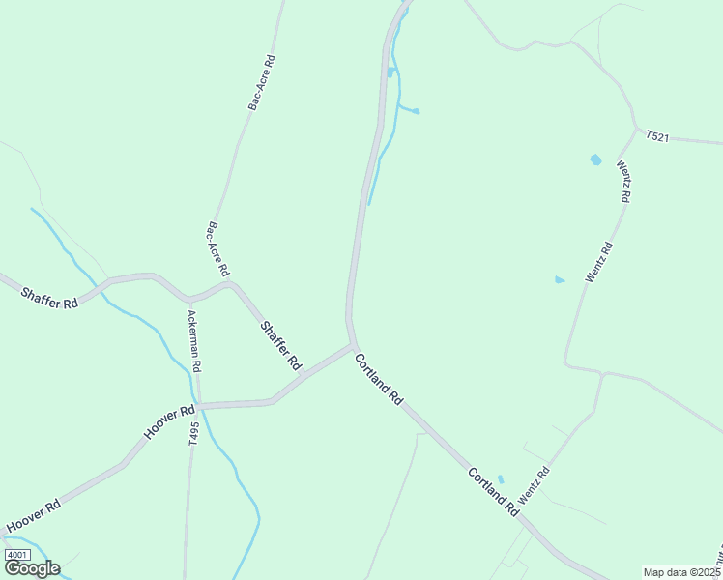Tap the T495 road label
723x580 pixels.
pyautogui.click(x=193, y=432)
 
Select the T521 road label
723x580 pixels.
pyautogui.click(x=657, y=136)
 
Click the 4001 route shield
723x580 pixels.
pyautogui.click(x=17, y=555)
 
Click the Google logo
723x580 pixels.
pyautogui.click(x=33, y=568)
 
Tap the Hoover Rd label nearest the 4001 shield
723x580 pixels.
pyautogui.click(x=35, y=516)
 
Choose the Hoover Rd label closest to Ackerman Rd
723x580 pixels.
pyautogui.click(x=162, y=422)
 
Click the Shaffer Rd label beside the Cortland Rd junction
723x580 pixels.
pyautogui.click(x=280, y=345)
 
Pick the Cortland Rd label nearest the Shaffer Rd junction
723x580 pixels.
pyautogui.click(x=379, y=378)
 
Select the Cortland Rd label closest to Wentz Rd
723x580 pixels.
pyautogui.click(x=494, y=490)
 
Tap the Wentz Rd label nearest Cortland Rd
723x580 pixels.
pyautogui.click(x=534, y=484)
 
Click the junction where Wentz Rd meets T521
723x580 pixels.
pyautogui.click(x=635, y=127)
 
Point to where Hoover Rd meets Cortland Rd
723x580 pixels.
pyautogui.click(x=354, y=345)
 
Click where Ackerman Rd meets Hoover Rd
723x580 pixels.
pyautogui.click(x=199, y=406)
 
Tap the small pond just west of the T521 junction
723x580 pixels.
pyautogui.click(x=595, y=159)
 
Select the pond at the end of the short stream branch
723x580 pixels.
pyautogui.click(x=417, y=112)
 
